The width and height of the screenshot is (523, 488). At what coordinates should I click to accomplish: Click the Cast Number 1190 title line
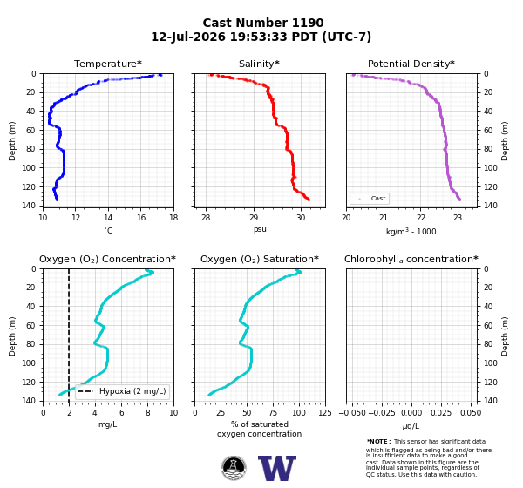coord(263,23)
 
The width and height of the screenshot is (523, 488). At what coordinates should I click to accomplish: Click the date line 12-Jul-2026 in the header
coord(261,37)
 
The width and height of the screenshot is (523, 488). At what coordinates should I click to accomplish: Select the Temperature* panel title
coord(108,64)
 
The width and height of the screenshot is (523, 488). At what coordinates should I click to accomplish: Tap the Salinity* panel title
coord(259,64)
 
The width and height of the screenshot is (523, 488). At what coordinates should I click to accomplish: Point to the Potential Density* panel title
coord(411,64)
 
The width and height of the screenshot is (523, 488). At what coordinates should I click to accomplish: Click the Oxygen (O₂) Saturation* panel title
coord(260,259)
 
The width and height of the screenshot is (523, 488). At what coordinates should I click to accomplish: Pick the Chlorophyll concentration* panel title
coord(411,259)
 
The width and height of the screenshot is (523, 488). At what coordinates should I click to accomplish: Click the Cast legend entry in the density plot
coord(370,199)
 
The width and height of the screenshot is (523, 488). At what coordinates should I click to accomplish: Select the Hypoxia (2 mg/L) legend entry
coord(122,391)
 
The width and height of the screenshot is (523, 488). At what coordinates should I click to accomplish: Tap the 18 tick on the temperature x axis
coord(173,218)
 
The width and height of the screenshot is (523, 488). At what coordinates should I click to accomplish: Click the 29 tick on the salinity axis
coord(254,218)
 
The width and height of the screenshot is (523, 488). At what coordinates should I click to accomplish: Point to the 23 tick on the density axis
coord(458,218)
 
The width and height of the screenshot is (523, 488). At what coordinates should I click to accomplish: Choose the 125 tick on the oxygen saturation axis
coord(325,413)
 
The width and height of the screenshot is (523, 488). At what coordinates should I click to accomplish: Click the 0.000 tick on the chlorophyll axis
coord(411,413)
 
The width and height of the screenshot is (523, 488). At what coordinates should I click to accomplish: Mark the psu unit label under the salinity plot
coord(260,230)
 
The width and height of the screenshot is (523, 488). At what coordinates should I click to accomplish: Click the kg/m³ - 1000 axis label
coord(411,231)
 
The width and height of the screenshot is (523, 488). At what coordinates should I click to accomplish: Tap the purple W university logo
coord(277,468)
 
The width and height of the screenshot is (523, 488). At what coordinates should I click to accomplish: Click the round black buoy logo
coord(234,468)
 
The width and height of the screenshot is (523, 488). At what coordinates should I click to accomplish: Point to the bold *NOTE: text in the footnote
coord(378,442)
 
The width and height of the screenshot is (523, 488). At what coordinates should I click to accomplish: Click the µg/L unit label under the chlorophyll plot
coord(411,426)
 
